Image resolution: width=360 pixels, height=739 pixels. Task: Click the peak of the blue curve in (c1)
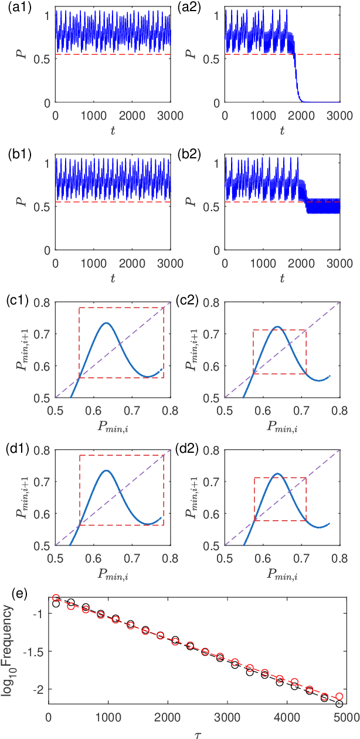point(106,323)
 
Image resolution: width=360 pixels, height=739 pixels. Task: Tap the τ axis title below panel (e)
point(196,733)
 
